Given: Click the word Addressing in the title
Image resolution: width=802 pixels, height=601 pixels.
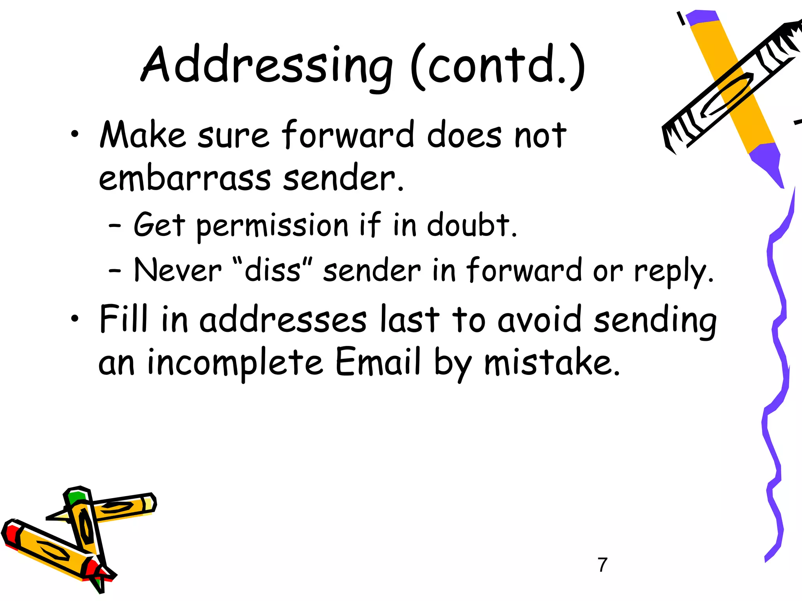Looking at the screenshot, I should (266, 65).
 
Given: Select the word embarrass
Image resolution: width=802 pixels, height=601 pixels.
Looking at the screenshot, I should (184, 178).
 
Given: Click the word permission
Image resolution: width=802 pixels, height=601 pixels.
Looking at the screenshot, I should (272, 226).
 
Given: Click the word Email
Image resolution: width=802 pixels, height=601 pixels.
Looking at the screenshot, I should (378, 362).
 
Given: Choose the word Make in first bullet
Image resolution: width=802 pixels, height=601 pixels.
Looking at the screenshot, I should (143, 135).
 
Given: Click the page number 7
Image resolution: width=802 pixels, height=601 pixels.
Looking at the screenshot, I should (603, 565).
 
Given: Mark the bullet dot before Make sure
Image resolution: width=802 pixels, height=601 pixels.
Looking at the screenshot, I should (74, 135).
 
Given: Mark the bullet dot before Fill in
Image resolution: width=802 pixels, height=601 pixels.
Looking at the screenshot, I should (74, 319).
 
